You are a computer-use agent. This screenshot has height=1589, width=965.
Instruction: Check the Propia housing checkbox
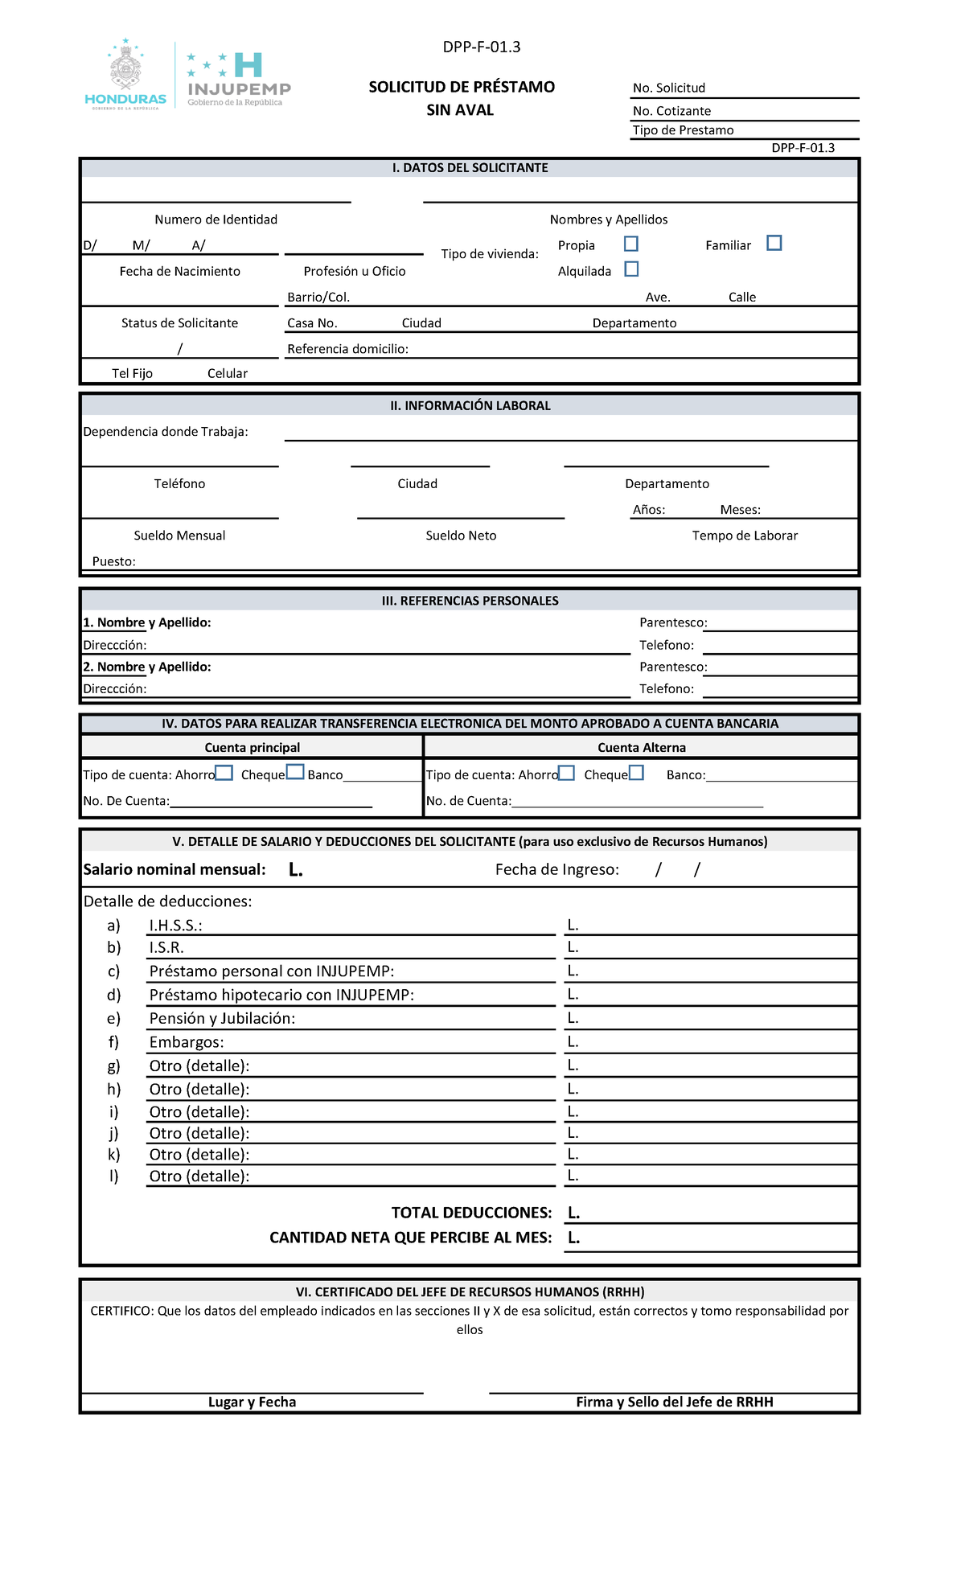click(x=631, y=244)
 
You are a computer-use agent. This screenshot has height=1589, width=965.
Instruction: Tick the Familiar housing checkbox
click(x=774, y=243)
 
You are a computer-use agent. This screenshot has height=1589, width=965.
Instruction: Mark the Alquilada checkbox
click(x=632, y=269)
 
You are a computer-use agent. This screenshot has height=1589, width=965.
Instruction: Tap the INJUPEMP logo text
click(x=239, y=88)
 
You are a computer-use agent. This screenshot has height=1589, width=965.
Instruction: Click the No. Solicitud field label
click(x=668, y=88)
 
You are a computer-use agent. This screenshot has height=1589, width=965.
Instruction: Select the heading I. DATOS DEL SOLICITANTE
click(x=470, y=168)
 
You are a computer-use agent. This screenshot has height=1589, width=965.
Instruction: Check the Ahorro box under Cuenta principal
click(x=224, y=773)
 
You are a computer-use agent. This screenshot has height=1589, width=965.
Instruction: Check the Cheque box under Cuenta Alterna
click(x=636, y=773)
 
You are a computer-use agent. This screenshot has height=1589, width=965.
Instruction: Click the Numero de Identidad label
click(x=216, y=220)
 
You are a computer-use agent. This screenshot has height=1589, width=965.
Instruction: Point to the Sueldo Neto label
click(x=461, y=536)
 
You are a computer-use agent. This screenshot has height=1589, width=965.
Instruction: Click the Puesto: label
click(x=113, y=561)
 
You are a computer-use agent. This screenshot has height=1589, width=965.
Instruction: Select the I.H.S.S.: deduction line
click(x=175, y=926)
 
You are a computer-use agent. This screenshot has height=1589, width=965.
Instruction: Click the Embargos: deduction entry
click(x=187, y=1042)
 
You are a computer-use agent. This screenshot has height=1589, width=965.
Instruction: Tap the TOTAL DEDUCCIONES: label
click(x=471, y=1213)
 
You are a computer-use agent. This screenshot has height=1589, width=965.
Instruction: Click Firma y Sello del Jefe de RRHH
click(x=674, y=1402)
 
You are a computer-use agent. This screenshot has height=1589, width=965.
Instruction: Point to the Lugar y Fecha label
click(x=252, y=1402)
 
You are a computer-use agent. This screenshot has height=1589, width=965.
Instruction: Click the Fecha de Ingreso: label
click(x=556, y=869)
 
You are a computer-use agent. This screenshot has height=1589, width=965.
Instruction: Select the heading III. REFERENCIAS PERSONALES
click(x=470, y=601)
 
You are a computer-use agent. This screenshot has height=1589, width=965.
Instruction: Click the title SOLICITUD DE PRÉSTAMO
click(x=462, y=87)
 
